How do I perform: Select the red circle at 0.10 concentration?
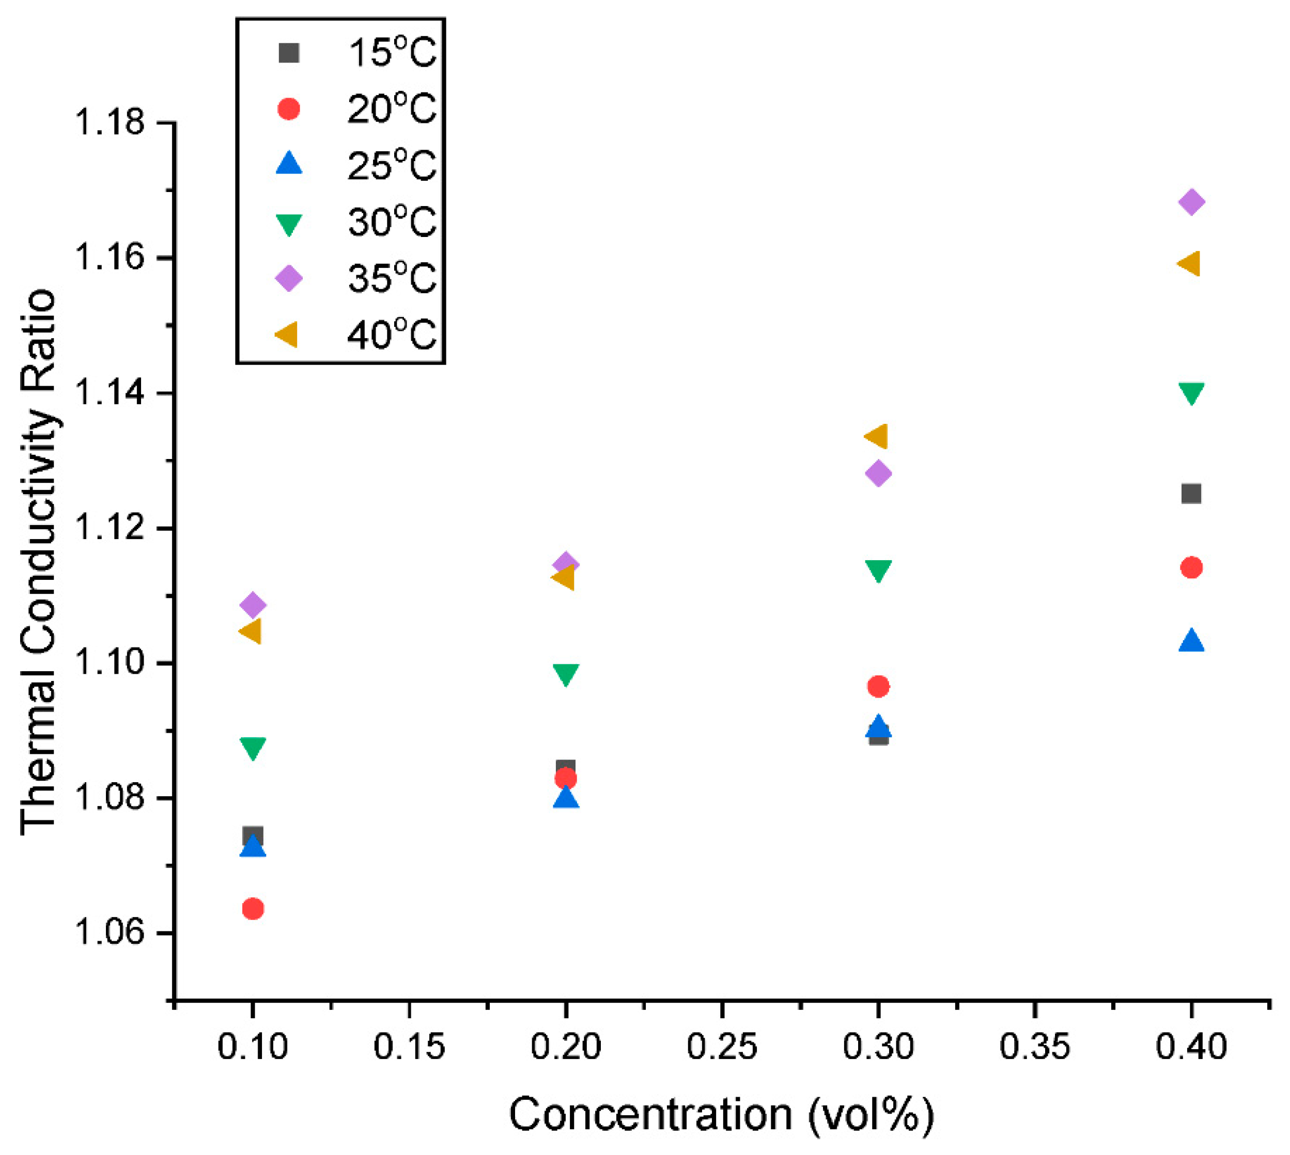[x=253, y=909]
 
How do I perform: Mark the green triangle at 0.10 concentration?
[x=253, y=748]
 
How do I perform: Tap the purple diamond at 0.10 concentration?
[x=253, y=604]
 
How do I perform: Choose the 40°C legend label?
[x=392, y=335]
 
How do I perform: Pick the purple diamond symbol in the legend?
[x=289, y=278]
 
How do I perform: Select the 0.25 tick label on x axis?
[x=721, y=1047]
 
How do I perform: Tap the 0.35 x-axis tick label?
[x=1034, y=1047]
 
